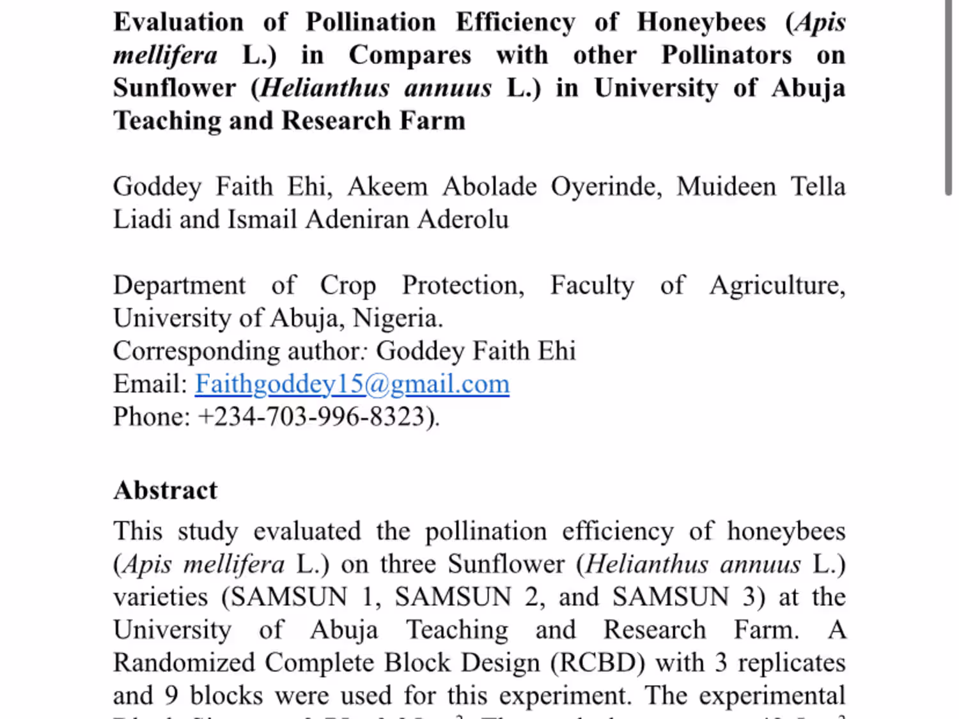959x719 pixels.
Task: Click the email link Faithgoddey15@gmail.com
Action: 352,384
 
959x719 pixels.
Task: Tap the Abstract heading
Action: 166,490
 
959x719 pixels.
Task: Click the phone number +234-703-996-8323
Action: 318,417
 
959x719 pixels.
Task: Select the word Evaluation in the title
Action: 178,22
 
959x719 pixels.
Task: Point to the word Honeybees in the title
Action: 701,22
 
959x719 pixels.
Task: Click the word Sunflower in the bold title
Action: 175,88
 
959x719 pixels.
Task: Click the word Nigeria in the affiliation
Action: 397,318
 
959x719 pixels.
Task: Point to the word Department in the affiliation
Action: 179,285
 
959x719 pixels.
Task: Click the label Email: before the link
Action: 150,384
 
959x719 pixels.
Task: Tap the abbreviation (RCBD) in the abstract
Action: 598,663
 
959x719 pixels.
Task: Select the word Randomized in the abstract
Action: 184,663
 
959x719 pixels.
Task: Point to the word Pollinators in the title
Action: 726,55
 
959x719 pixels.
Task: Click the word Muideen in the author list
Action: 726,187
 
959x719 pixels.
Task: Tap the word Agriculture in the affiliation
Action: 777,285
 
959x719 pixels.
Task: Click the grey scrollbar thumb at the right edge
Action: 949,96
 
